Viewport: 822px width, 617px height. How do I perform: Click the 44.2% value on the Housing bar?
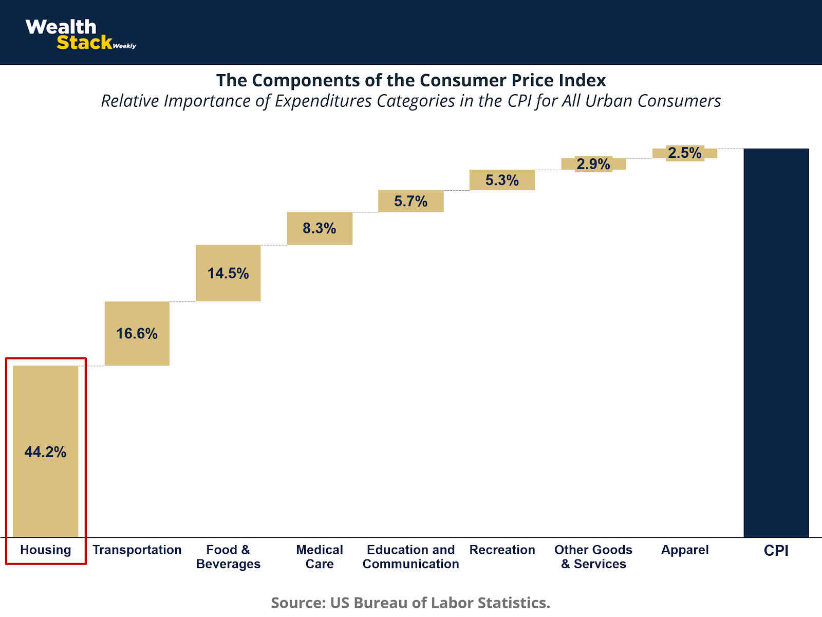point(45,452)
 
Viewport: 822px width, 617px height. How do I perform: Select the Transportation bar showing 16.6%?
point(137,333)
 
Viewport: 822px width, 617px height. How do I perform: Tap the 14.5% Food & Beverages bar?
point(228,273)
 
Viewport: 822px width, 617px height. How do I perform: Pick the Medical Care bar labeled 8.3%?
point(320,228)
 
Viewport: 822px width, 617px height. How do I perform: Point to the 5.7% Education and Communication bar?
point(411,201)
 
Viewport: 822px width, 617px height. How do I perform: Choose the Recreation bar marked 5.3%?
point(502,180)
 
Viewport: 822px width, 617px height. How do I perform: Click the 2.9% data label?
point(593,164)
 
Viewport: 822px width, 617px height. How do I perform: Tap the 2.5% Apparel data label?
point(685,153)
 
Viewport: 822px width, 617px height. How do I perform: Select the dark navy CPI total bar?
point(776,342)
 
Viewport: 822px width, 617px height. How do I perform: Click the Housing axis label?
point(46,550)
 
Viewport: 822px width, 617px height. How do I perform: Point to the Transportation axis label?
point(137,550)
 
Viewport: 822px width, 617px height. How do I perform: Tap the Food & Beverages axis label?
point(228,557)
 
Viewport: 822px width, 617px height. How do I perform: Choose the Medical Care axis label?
point(320,557)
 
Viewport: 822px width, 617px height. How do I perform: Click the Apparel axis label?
point(685,550)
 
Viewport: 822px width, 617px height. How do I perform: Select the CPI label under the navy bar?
point(776,550)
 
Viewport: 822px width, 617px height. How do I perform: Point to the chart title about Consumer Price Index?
point(411,80)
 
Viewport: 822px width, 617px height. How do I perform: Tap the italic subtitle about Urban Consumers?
point(411,101)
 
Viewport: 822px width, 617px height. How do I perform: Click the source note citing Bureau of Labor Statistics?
point(410,602)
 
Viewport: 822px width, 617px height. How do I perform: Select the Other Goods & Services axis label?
point(593,557)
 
